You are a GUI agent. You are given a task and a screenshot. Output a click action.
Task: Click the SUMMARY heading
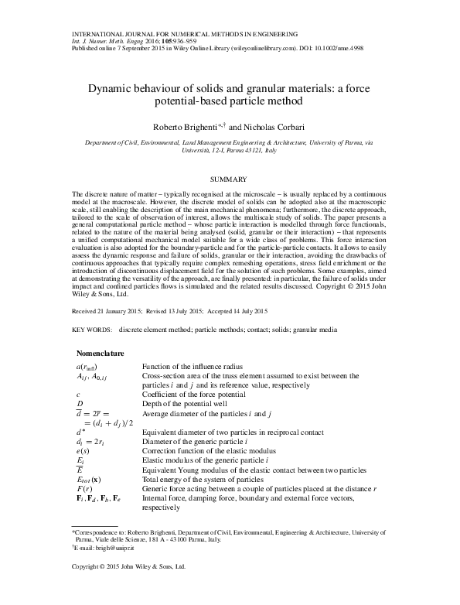pos(229,179)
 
